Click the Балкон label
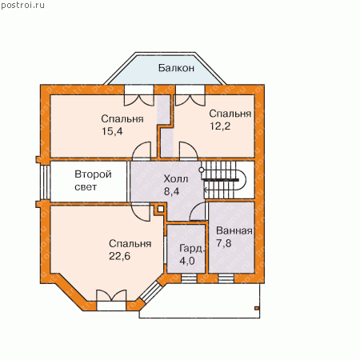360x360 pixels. click(x=176, y=68)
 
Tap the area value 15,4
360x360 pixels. click(x=112, y=131)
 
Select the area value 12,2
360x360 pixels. click(x=220, y=126)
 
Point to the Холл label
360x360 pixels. click(x=176, y=178)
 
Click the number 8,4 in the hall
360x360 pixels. click(x=171, y=191)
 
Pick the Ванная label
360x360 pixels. click(x=234, y=230)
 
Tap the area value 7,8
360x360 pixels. click(x=223, y=243)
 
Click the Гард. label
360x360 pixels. click(x=192, y=249)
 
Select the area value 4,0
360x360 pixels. click(x=187, y=261)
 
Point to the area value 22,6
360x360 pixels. click(x=120, y=256)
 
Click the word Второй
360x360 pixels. click(x=93, y=174)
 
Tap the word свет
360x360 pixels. click(x=86, y=187)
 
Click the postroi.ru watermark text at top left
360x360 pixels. click(x=22, y=6)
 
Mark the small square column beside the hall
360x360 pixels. click(x=160, y=209)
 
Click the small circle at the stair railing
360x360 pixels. click(x=202, y=170)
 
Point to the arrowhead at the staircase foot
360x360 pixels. click(x=206, y=190)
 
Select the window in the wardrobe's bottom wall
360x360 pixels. click(x=189, y=278)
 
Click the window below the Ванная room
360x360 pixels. click(x=226, y=278)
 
